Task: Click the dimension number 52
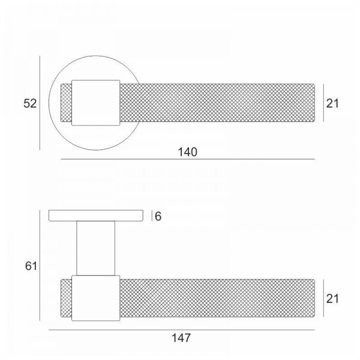(30, 103)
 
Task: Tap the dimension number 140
(188, 152)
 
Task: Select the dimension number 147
(181, 338)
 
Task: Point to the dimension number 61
(31, 266)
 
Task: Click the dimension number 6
(158, 216)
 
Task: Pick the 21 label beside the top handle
(332, 103)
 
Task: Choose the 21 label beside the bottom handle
(332, 299)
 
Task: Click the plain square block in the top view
(96, 103)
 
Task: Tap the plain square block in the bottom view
(96, 298)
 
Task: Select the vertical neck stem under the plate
(96, 248)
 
